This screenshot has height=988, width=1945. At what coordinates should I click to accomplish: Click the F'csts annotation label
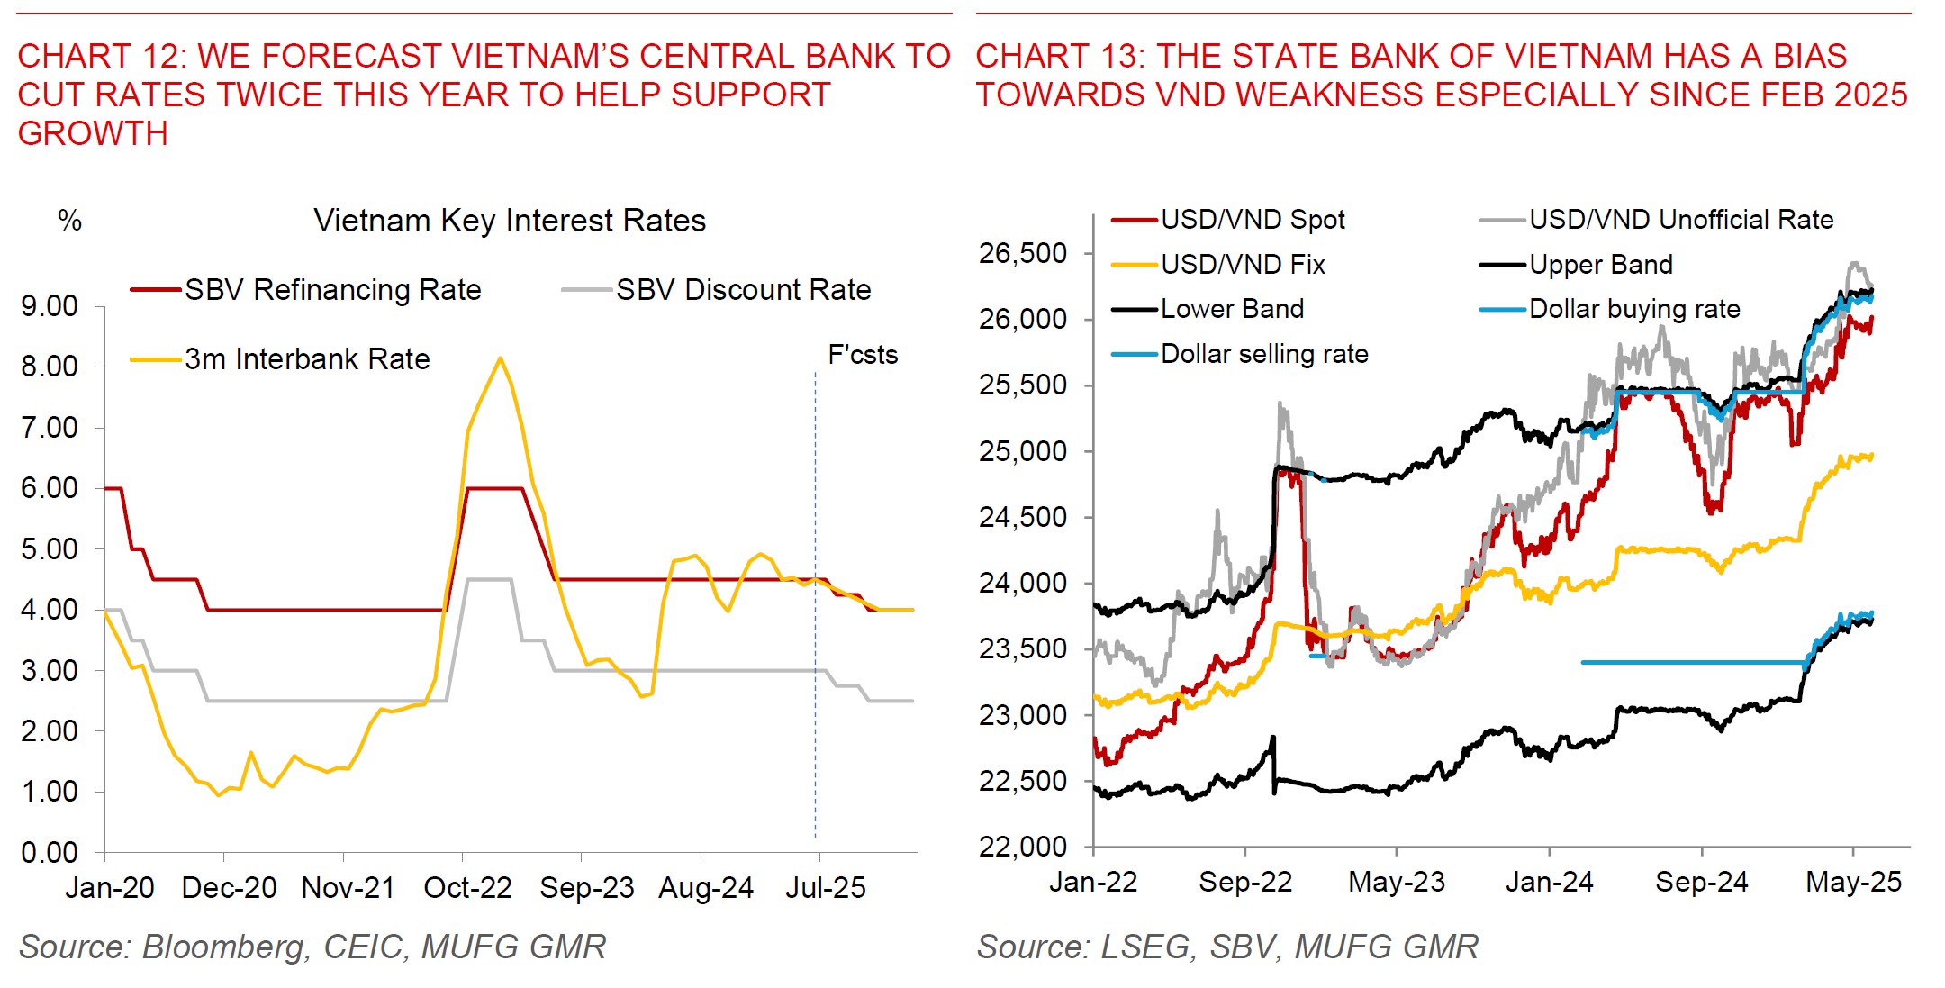(x=863, y=355)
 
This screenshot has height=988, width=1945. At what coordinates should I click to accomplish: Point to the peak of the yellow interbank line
(x=501, y=358)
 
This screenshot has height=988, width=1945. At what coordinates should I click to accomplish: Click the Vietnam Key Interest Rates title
(x=510, y=221)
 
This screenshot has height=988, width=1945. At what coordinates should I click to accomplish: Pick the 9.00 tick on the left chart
(x=50, y=306)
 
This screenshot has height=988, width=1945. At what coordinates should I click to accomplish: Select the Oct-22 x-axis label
(x=467, y=888)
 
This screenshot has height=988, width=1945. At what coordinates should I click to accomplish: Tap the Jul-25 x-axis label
(x=825, y=888)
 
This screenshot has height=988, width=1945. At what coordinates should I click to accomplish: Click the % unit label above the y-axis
(x=69, y=221)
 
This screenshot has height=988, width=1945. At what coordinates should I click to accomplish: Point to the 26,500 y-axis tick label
(x=1023, y=254)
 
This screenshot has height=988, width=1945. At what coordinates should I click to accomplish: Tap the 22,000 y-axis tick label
(x=1023, y=847)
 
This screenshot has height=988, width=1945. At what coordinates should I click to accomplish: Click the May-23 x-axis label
(x=1396, y=882)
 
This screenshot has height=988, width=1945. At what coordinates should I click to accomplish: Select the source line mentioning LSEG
(x=1227, y=947)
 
